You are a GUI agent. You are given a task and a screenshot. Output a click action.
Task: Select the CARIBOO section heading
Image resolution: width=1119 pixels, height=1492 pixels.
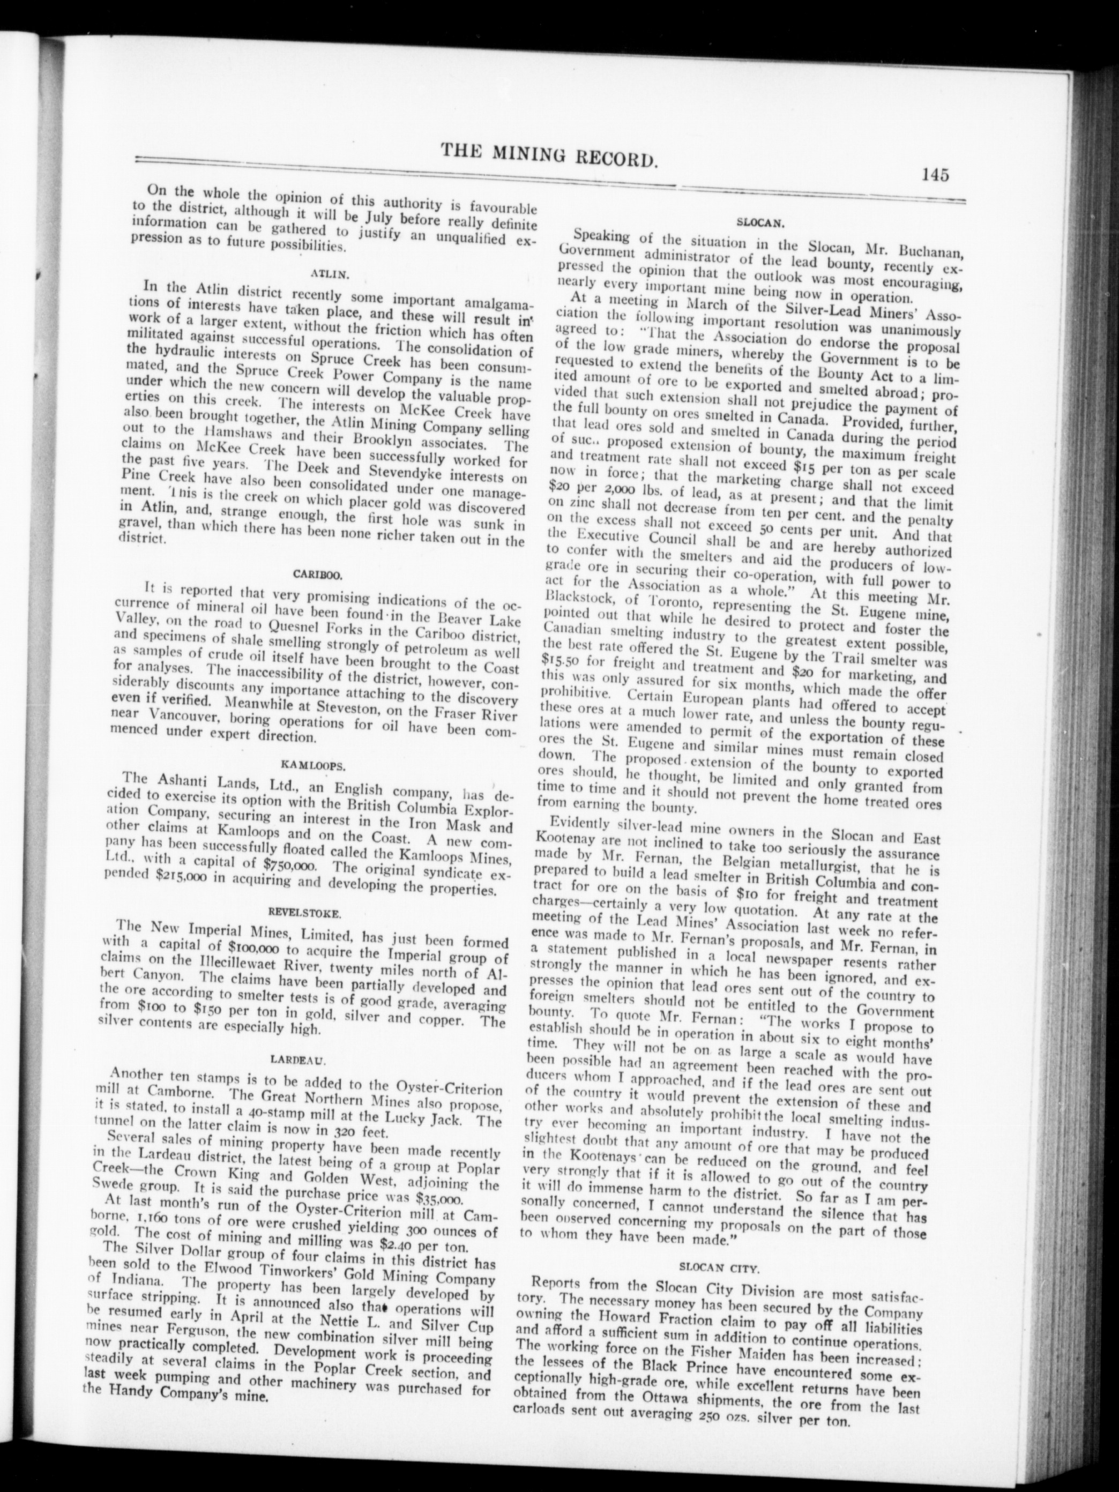click(x=319, y=575)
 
